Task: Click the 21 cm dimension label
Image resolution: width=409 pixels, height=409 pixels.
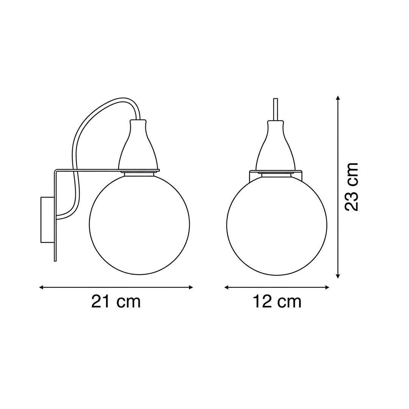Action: tap(116, 301)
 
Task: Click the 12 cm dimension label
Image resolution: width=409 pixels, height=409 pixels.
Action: tap(277, 301)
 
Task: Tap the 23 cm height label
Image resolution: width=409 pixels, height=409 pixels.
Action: tap(351, 187)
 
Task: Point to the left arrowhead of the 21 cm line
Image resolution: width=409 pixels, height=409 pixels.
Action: tap(41, 287)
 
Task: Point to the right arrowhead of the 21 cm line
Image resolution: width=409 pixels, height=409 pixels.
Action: tap(191, 287)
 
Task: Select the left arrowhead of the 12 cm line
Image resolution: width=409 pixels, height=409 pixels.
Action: tap(226, 287)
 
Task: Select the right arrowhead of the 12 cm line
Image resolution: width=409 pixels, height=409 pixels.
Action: tap(327, 287)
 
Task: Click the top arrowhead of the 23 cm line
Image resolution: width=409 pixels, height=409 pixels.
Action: tap(338, 98)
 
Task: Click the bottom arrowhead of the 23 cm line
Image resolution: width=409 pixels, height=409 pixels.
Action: tap(338, 276)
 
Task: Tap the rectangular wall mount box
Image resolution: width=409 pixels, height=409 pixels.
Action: tap(47, 220)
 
